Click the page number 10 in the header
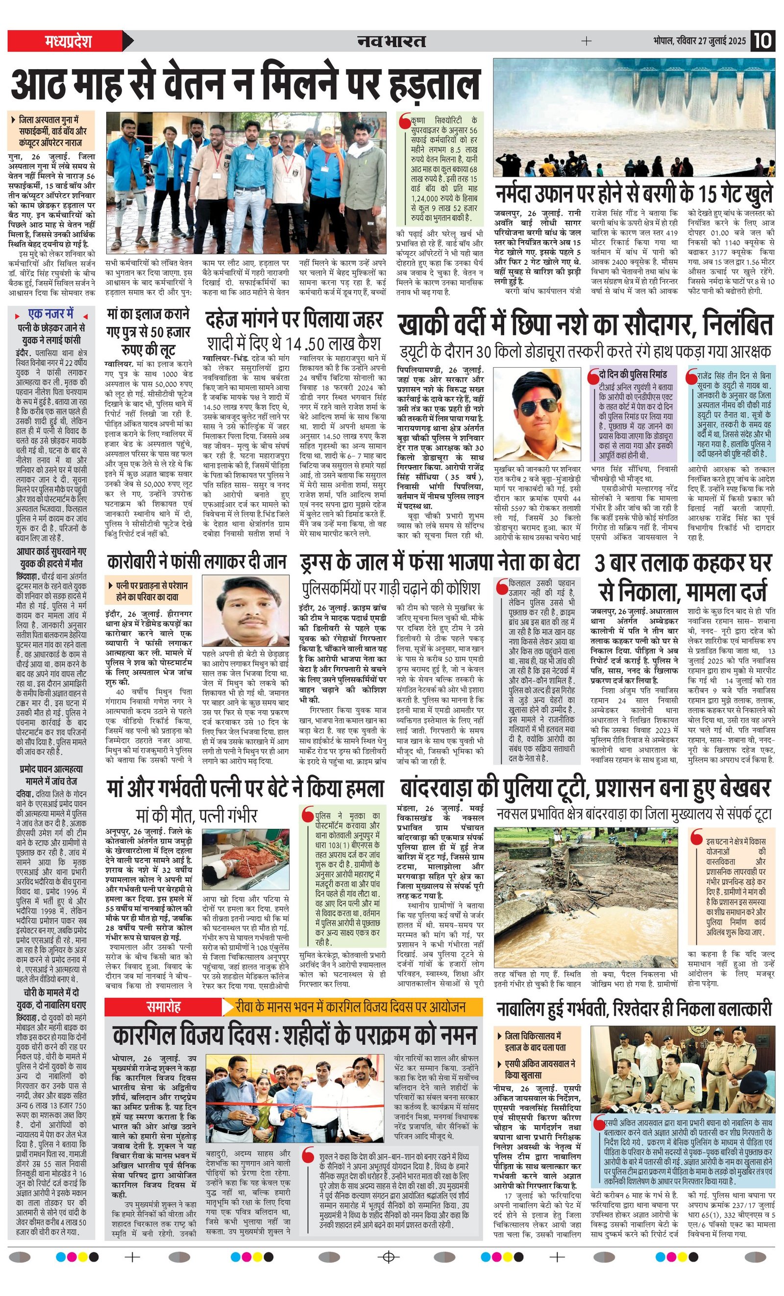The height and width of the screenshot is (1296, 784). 762,41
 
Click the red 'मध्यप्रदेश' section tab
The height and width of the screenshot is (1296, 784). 69,41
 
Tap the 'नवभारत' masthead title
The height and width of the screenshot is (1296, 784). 391,41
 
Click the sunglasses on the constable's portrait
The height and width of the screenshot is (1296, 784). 538,405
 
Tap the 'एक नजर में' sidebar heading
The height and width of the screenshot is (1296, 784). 51,314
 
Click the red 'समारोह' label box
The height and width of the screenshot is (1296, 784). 164,1007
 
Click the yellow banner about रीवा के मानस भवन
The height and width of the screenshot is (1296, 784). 351,1007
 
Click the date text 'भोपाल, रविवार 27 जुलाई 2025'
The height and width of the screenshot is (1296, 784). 699,41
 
